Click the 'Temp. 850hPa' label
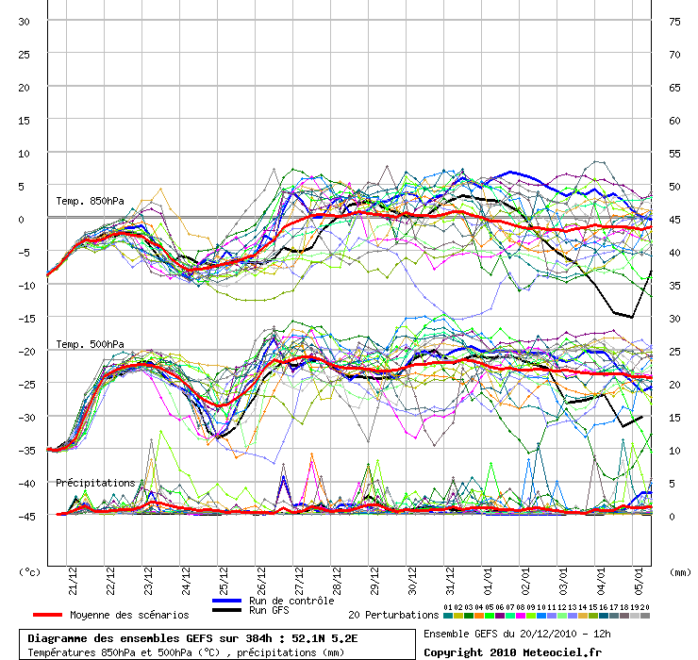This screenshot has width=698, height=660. point(90,200)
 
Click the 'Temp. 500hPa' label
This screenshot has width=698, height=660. point(90,344)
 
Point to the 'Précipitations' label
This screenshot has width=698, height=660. point(95,483)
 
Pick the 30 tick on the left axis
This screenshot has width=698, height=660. point(25,21)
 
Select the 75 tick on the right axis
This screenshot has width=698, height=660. point(674,21)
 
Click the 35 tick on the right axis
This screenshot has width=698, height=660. point(674,285)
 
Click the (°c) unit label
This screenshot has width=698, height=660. point(30,571)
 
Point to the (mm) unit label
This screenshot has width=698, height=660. point(680,571)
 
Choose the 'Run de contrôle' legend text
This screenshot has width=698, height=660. point(291,601)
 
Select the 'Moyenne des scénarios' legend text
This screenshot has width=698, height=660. point(129,615)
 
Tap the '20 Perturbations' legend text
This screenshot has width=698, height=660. point(393,615)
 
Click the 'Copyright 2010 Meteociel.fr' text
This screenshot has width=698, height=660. point(512,652)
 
